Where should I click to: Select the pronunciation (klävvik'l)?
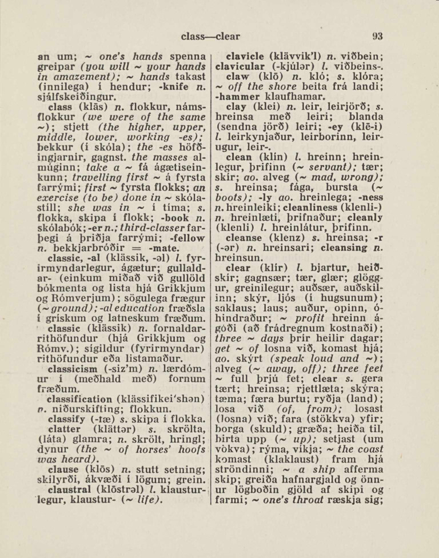click(x=292, y=57)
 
